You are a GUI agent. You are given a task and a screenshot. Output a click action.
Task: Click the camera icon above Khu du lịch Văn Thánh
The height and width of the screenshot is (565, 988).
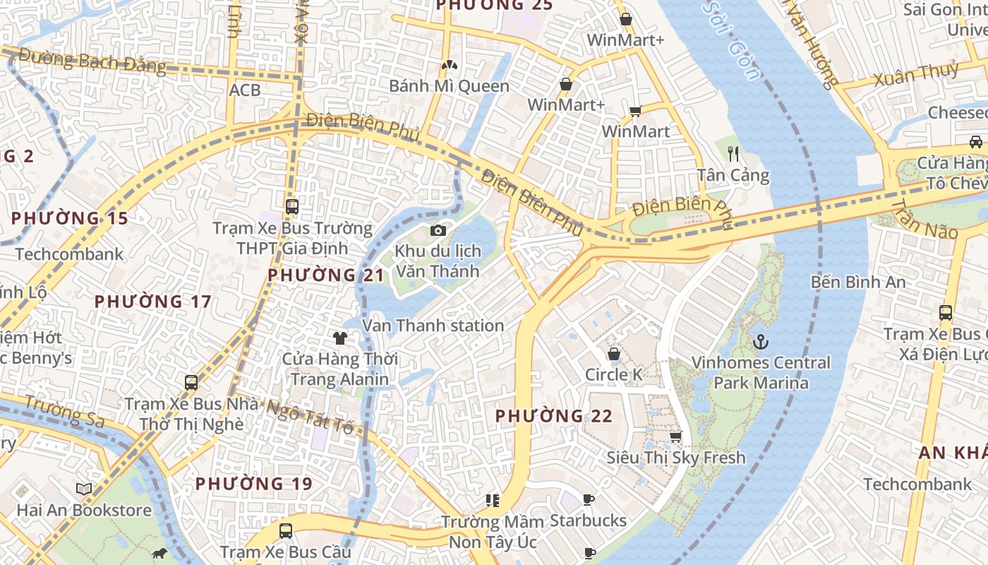click(438, 230)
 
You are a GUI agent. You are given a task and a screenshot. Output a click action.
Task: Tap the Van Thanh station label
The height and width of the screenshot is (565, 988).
click(433, 326)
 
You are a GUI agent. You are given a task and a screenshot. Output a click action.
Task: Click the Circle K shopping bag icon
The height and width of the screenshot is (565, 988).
click(614, 353)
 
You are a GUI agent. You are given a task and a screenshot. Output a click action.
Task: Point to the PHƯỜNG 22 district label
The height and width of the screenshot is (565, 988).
click(554, 416)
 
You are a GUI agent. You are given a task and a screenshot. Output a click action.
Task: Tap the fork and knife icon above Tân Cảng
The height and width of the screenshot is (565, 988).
click(733, 153)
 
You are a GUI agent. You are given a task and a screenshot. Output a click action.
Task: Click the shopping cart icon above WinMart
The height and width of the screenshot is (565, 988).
click(635, 111)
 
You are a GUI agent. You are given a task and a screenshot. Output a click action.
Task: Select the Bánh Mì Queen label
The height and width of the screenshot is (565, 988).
click(450, 86)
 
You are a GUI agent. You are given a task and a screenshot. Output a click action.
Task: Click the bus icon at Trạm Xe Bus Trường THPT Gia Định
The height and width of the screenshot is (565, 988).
click(292, 207)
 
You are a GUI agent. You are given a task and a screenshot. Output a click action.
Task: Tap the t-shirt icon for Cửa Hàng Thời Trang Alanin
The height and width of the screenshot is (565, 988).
click(340, 338)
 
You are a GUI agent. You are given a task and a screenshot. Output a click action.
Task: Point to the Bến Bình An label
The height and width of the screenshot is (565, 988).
click(858, 282)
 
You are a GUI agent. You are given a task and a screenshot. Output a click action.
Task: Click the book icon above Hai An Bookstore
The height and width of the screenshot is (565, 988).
click(84, 489)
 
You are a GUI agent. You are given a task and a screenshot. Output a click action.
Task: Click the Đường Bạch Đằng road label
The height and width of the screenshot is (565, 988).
click(92, 61)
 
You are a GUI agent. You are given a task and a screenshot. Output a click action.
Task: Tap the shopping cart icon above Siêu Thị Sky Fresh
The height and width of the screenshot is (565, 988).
click(675, 437)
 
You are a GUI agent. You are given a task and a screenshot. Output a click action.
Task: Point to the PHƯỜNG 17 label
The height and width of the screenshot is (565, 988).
click(152, 302)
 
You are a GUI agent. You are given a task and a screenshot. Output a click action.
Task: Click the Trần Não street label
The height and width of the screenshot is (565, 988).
click(924, 220)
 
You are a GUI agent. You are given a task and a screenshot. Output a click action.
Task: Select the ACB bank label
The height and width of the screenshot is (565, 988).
click(245, 90)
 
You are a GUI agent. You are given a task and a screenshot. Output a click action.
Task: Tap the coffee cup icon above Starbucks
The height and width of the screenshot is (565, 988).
click(589, 500)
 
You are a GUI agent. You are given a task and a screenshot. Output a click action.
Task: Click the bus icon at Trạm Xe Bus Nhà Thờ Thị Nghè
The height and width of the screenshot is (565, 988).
click(191, 383)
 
